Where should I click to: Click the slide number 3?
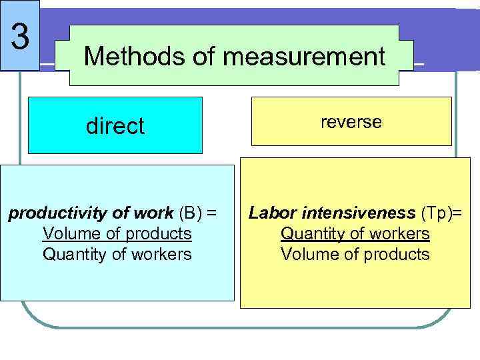point(21,36)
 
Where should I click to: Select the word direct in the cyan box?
point(115,126)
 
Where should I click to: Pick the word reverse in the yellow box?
point(351,121)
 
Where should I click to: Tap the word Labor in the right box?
point(273,213)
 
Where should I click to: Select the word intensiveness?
point(358,213)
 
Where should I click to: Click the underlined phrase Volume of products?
point(117,234)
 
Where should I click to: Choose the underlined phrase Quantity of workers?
point(355,234)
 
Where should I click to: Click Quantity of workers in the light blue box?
point(117,254)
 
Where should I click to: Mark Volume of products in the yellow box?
point(355,254)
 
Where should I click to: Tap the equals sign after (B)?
point(212,213)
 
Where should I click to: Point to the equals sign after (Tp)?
point(458,213)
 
